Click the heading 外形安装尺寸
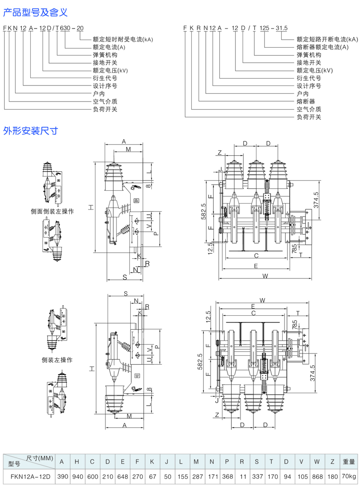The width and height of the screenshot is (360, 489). [31, 131]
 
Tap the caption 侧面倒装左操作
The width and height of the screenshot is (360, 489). [52, 211]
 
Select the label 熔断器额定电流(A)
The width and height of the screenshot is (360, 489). [322, 47]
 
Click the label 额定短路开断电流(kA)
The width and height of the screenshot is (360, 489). [327, 39]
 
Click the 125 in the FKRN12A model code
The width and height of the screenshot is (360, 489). [265, 28]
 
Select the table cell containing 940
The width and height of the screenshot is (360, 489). [77, 477]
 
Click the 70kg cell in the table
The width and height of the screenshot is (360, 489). [349, 477]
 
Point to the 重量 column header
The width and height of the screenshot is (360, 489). [349, 461]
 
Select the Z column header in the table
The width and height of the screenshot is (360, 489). [332, 461]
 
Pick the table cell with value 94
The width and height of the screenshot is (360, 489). [287, 477]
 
